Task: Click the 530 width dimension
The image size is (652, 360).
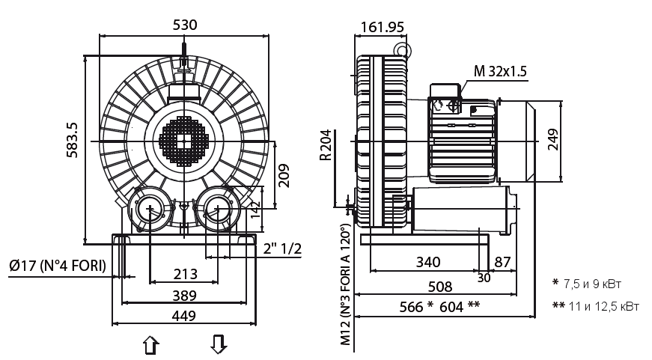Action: (185, 25)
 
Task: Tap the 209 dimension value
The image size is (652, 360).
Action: (283, 174)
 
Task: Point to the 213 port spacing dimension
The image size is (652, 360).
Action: (184, 273)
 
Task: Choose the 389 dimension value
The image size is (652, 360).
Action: (184, 295)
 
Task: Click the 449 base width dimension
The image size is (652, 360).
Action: (184, 316)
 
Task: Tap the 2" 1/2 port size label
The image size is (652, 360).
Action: (282, 249)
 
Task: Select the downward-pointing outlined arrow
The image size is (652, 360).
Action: (218, 344)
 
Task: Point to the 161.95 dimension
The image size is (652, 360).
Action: (382, 28)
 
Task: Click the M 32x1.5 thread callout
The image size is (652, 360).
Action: (501, 71)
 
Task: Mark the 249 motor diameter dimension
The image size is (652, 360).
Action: (552, 139)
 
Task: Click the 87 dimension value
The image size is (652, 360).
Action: (502, 262)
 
